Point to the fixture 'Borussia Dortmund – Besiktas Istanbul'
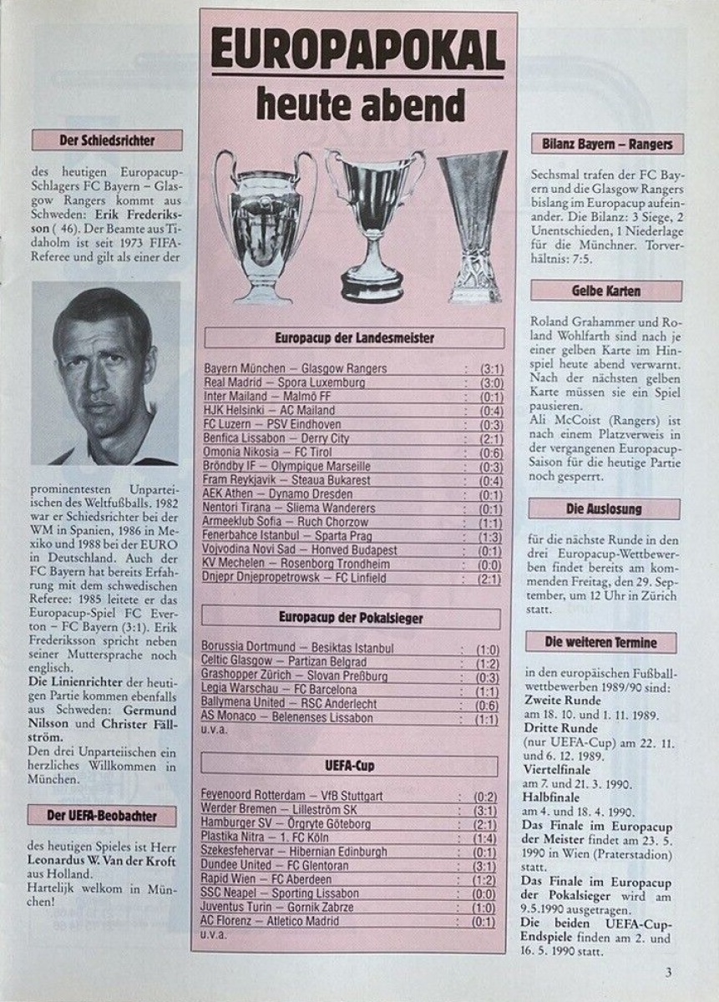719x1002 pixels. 298,648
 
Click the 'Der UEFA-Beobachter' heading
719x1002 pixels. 103,815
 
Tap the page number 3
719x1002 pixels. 668,971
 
